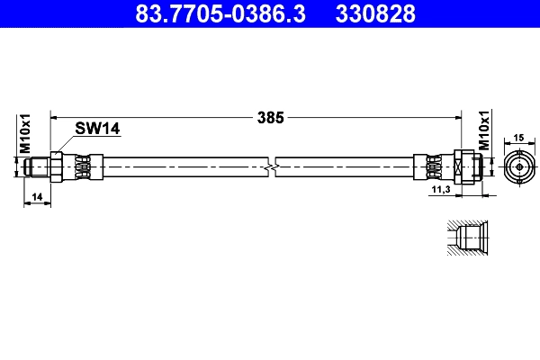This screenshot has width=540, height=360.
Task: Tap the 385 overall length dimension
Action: (x=271, y=117)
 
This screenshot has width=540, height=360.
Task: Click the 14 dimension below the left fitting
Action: (x=37, y=195)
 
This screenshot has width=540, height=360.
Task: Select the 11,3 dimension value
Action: (x=440, y=191)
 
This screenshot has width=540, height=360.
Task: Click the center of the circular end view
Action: (x=517, y=166)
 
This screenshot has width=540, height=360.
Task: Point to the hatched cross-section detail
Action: (x=466, y=238)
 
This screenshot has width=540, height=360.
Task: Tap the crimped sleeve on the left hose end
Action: (x=81, y=166)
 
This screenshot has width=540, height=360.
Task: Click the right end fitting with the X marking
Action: (x=461, y=166)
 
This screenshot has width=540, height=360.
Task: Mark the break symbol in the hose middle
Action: (x=272, y=166)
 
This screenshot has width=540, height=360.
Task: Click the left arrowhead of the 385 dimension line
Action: (x=55, y=117)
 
